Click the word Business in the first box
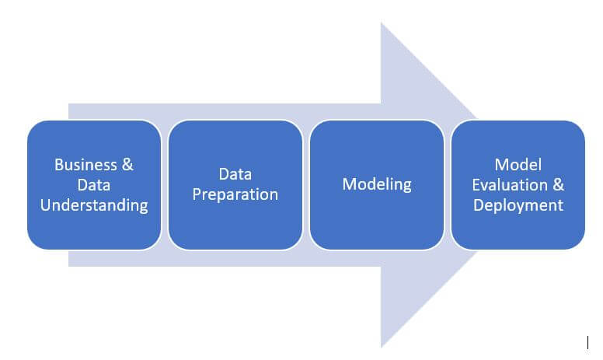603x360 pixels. [x=85, y=165]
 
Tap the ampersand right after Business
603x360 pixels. [x=127, y=165]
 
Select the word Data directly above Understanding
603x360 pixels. [x=94, y=185]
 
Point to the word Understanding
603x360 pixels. [x=94, y=205]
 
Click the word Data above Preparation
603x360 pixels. [x=235, y=174]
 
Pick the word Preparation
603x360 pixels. [x=235, y=194]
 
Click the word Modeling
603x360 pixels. [x=377, y=184]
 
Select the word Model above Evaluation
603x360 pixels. [x=518, y=165]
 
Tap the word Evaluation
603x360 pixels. [x=510, y=185]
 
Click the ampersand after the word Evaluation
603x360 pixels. [x=559, y=185]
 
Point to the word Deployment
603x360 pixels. [x=518, y=205]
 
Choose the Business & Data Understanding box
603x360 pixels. [x=94, y=185]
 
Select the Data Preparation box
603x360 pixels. [x=235, y=185]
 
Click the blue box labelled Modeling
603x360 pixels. [x=377, y=185]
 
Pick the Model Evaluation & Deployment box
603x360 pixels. [x=518, y=185]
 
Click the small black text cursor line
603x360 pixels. [x=587, y=342]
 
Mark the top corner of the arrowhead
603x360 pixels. [x=381, y=23]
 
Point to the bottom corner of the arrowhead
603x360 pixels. [x=381, y=348]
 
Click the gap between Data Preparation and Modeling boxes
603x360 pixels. [x=306, y=185]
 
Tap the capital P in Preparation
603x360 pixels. [x=197, y=194]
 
